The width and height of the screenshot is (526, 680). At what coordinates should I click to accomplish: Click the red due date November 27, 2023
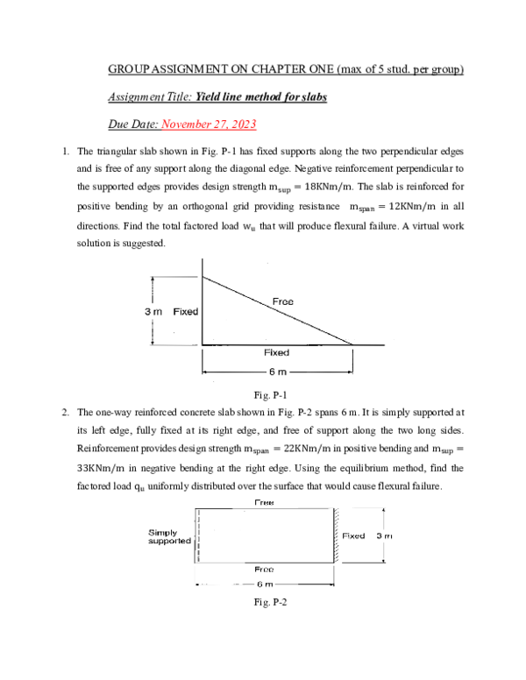tap(210, 124)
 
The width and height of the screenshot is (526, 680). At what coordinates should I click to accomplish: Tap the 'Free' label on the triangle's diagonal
tap(283, 301)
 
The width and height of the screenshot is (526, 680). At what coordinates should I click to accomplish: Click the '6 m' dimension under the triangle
tap(278, 372)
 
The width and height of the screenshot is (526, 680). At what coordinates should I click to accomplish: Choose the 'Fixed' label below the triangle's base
tap(277, 352)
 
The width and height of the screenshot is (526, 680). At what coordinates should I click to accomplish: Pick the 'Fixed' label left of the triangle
tap(186, 312)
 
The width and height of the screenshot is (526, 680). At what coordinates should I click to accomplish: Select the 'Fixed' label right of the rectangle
tap(354, 535)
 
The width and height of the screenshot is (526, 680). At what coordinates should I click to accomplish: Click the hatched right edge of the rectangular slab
tap(333, 535)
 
